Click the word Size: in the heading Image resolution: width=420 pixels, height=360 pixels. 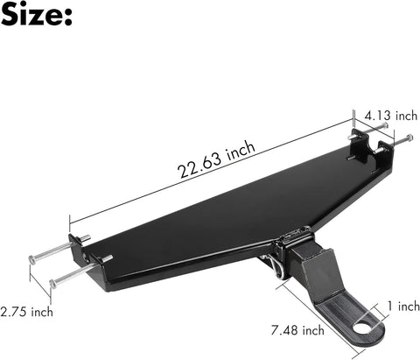point(36,18)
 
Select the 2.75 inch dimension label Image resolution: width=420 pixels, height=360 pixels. point(26,311)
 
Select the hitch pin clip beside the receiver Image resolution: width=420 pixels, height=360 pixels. point(277,264)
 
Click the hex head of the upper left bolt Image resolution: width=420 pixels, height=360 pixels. point(34,257)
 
